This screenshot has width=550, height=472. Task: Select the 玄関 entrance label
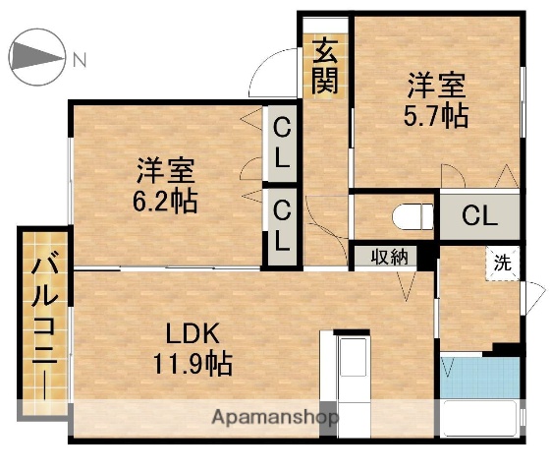325,66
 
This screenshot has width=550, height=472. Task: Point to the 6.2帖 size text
165,202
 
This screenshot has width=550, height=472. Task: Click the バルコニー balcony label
43,324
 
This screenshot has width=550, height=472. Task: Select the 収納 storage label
388,257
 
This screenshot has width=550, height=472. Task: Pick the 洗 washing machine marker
502,263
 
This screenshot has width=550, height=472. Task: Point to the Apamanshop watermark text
276,418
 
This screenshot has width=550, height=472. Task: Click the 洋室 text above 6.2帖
164,171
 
